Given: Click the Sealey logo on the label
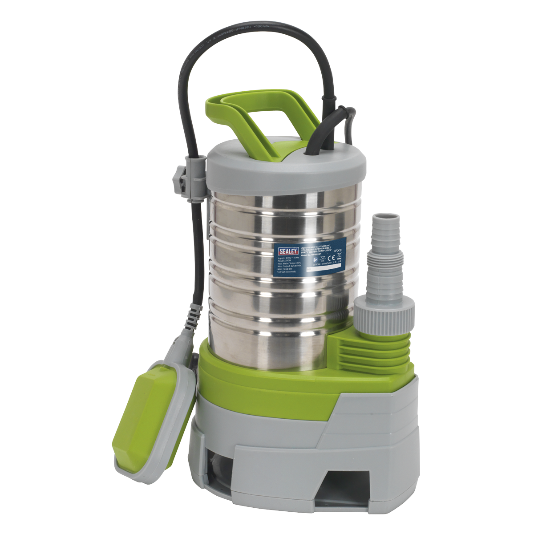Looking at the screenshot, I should [288, 251].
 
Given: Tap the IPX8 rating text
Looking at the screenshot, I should [338, 251].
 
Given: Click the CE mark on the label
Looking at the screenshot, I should [331, 258].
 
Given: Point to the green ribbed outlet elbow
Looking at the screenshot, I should [376, 352].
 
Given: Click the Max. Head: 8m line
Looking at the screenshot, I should [285, 269].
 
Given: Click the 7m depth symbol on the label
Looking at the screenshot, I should [323, 259].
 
